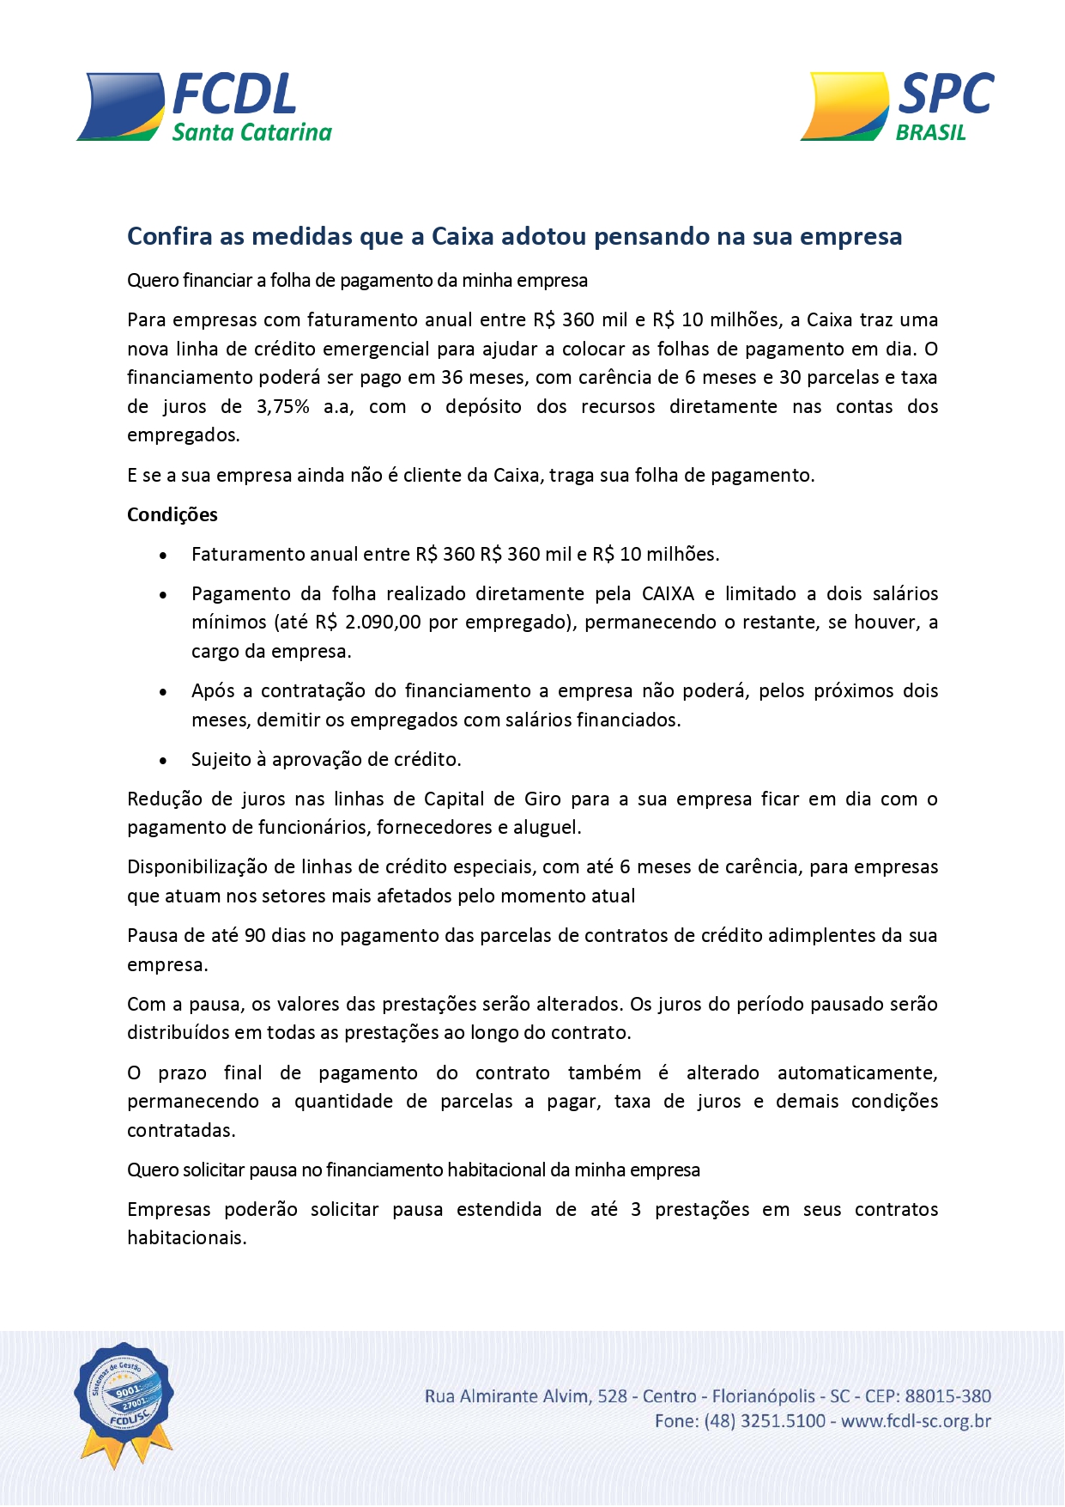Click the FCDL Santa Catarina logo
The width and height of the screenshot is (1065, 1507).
coord(204,107)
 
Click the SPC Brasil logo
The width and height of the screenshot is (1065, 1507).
coord(897,106)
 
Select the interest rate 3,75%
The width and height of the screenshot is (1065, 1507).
coord(282,406)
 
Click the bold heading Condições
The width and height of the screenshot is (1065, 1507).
coord(172,514)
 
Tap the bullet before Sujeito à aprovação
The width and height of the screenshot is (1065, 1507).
coord(163,760)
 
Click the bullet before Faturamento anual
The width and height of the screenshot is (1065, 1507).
coord(163,555)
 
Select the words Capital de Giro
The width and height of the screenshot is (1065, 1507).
coord(492,799)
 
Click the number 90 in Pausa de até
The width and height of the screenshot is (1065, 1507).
coord(255,935)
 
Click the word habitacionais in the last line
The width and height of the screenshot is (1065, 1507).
coord(187,1237)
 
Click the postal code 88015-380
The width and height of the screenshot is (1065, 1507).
coord(948,1396)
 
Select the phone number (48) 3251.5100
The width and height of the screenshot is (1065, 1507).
coord(765,1421)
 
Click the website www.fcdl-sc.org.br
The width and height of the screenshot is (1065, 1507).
coord(916,1421)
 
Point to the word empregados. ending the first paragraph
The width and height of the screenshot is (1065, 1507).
coord(184,434)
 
